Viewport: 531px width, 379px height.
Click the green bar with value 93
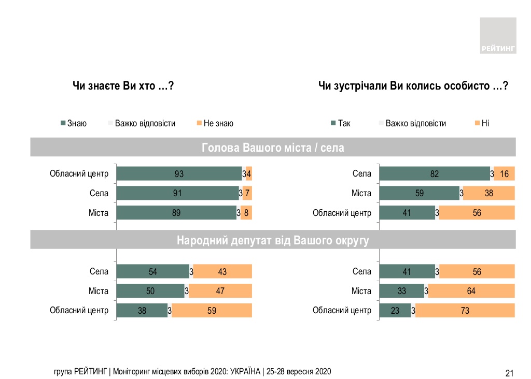(x=179, y=173)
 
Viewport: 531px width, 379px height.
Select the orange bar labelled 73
(x=465, y=311)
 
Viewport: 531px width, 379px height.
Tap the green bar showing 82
(x=435, y=173)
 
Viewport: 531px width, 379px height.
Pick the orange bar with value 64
(x=471, y=291)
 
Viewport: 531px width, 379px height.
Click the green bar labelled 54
(x=152, y=271)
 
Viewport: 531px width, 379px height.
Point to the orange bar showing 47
(x=220, y=291)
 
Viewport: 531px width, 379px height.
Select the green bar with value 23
(x=395, y=311)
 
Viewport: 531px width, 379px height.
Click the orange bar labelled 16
(x=504, y=173)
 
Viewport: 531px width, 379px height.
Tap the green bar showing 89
(x=176, y=213)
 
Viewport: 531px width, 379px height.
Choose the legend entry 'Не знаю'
(x=218, y=123)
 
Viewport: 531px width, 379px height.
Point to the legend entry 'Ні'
(x=485, y=123)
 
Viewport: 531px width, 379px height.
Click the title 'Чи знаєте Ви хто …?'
(x=122, y=86)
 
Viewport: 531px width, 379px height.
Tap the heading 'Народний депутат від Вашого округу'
(x=273, y=240)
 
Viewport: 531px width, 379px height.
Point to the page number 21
(x=509, y=372)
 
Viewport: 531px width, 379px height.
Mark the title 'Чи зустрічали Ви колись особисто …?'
(x=413, y=86)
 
